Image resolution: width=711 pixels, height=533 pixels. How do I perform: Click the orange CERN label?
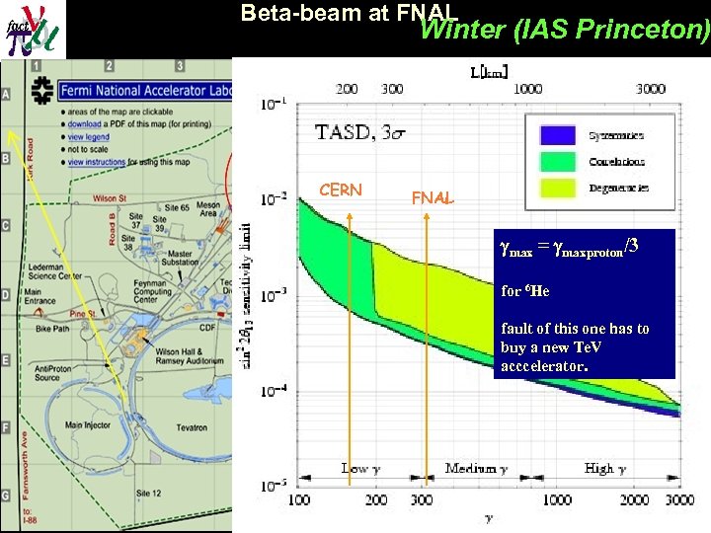pyautogui.click(x=341, y=190)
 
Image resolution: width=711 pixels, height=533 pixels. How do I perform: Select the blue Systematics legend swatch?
pyautogui.click(x=557, y=135)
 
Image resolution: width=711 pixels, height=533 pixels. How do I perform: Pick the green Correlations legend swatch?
pyautogui.click(x=557, y=161)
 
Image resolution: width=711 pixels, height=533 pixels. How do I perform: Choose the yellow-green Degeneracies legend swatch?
pyautogui.click(x=557, y=187)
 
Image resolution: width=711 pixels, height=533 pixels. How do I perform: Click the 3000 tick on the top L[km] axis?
pyautogui.click(x=650, y=89)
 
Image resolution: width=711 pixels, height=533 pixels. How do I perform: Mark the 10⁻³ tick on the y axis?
pyautogui.click(x=276, y=295)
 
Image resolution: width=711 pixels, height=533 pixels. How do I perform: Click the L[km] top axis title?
pyautogui.click(x=489, y=71)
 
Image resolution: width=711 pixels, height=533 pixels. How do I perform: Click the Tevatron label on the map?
pyautogui.click(x=188, y=427)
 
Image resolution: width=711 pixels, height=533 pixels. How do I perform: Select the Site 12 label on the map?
pyautogui.click(x=148, y=493)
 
